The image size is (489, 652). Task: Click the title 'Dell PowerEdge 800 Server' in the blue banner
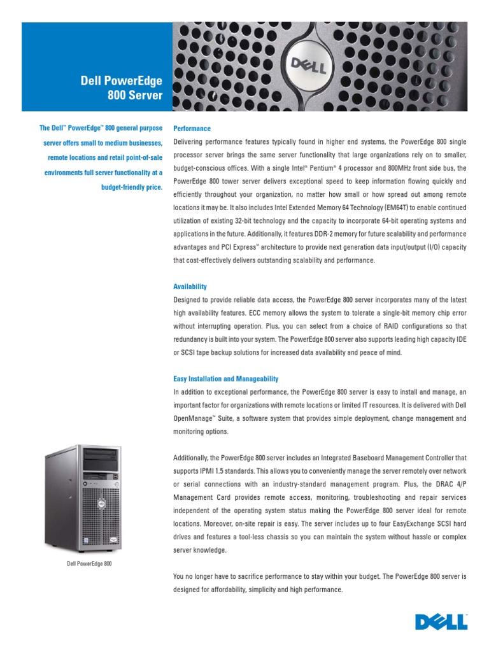click(121, 88)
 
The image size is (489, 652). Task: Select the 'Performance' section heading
click(192, 129)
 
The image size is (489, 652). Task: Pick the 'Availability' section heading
click(190, 287)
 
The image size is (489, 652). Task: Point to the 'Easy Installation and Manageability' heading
click(226, 379)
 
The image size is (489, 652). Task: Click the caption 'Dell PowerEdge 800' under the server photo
click(89, 563)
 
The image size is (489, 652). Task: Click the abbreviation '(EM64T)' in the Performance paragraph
click(379, 208)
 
